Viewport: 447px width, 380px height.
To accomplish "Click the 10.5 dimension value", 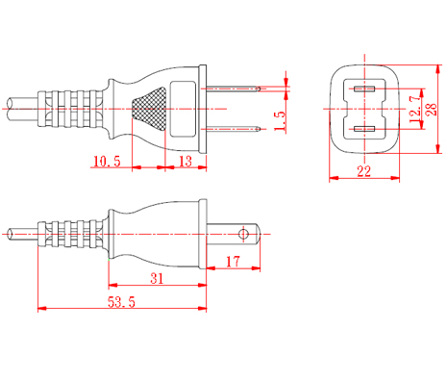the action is pos(107,161).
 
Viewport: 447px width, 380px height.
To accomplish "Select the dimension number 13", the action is pos(186,162).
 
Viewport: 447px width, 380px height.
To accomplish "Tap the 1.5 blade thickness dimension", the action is pos(280,121).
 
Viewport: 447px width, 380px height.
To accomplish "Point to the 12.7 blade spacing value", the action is pos(415,109).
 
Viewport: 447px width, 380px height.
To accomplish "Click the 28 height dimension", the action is pos(432,110).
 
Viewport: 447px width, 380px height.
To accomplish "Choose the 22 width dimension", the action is pos(364,171).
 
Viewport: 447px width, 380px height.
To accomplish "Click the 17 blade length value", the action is pos(233,262).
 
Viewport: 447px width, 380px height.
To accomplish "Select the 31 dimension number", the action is pos(157,278).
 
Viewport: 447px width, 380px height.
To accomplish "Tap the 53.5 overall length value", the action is pos(121,302).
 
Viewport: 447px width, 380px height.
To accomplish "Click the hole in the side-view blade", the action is pos(243,234).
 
